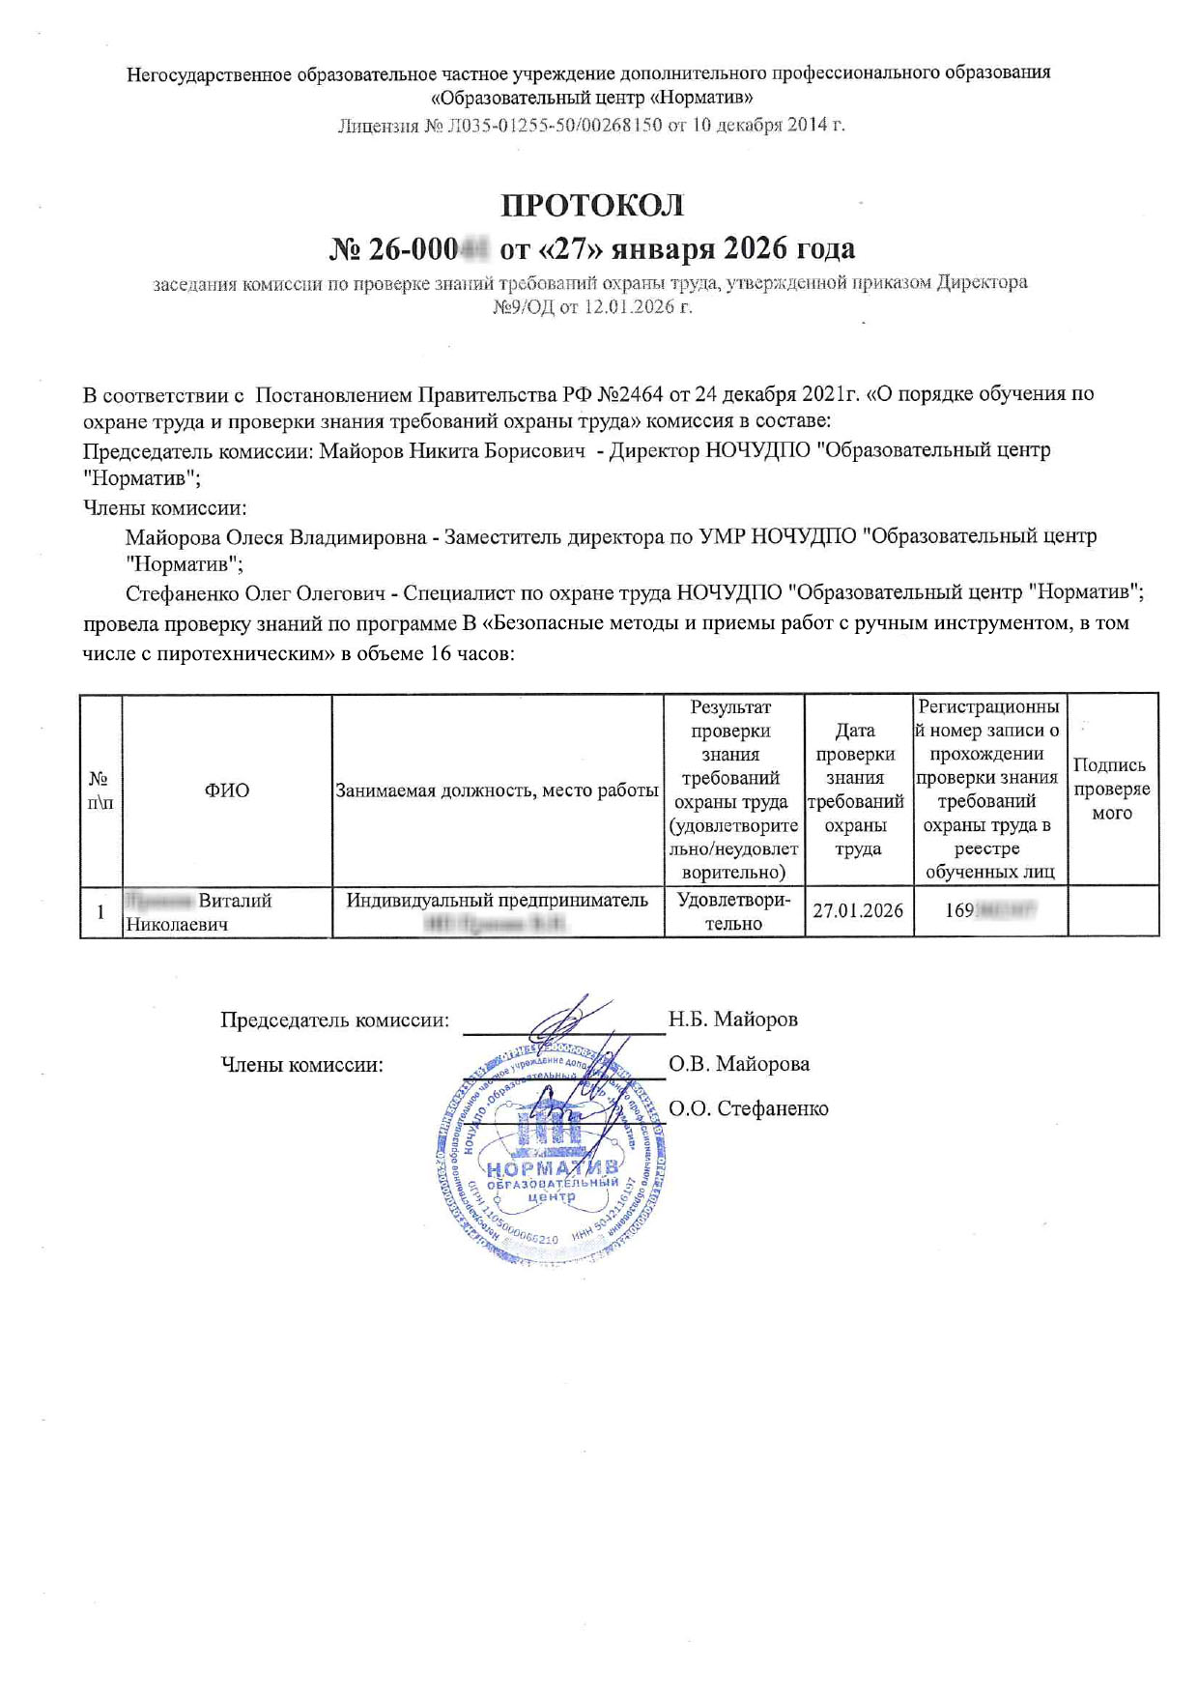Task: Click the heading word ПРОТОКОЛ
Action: (591, 206)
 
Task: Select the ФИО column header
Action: (226, 790)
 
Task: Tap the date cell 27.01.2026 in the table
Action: (858, 910)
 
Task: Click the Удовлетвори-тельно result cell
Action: (733, 911)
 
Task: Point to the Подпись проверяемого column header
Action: (1112, 789)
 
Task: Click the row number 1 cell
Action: (100, 911)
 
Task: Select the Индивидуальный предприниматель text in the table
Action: (497, 901)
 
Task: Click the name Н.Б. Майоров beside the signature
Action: (733, 1020)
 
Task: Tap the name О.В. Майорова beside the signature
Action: (739, 1064)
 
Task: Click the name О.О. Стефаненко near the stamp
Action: (749, 1108)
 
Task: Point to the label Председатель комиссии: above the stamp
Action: (334, 1020)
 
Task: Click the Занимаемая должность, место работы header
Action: (497, 790)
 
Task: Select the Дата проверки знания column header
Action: (856, 790)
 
